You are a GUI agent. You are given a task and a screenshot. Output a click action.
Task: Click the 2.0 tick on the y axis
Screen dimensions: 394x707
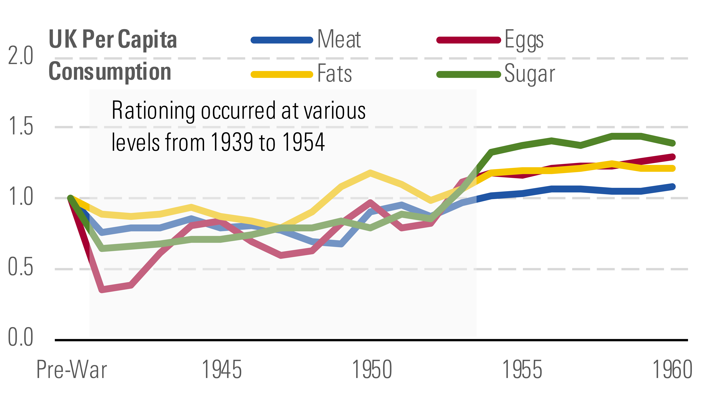click(21, 56)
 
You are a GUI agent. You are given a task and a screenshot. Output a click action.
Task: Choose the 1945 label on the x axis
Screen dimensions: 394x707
click(222, 370)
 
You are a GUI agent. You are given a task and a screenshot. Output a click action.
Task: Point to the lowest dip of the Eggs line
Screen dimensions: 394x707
click(102, 289)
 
